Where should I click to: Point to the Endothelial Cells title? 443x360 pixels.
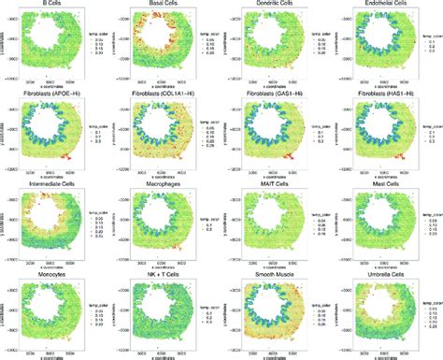379,6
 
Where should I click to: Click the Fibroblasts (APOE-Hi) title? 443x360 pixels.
46,94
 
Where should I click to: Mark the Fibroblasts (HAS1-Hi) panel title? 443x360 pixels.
379,94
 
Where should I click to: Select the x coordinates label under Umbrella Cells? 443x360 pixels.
378,355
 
